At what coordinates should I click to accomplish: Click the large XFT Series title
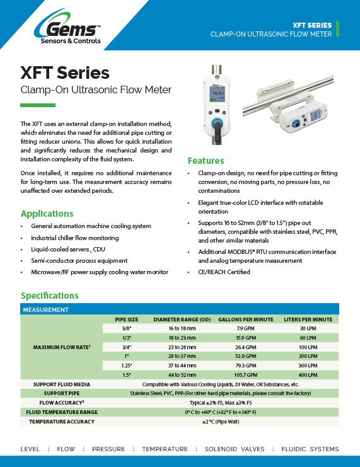65,73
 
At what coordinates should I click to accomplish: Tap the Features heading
206,160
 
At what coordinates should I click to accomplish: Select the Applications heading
47,213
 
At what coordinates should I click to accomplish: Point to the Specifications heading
49,295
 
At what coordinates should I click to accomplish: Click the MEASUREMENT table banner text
45,309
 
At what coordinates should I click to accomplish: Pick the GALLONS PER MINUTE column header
245,320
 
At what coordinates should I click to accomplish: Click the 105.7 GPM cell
245,375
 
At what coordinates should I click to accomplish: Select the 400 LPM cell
308,375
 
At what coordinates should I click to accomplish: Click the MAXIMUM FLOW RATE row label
60,347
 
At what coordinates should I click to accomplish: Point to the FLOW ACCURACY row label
62,402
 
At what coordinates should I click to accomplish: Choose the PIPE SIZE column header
126,320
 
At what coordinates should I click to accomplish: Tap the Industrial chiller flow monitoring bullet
74,238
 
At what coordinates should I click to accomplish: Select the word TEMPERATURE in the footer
165,449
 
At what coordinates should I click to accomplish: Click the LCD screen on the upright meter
218,94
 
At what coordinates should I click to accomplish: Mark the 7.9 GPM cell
245,328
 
